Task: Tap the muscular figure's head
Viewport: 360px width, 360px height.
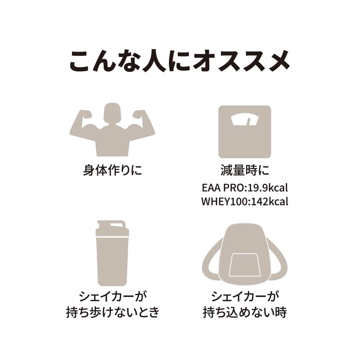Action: [x=112, y=113]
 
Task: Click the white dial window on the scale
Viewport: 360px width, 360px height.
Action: [x=245, y=121]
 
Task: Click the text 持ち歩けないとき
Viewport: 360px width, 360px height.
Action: [x=112, y=312]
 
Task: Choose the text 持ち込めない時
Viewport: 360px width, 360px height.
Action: [x=245, y=312]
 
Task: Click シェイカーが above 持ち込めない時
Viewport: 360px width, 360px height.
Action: [x=245, y=297]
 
